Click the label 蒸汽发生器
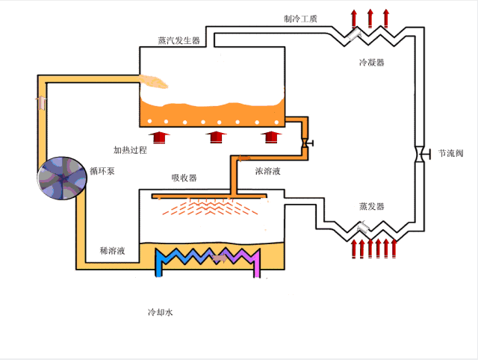coord(179,40)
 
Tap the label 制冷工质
coord(300,18)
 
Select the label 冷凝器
coord(370,63)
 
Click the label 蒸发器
coord(370,205)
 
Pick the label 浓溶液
coord(267,171)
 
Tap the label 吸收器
coord(184,178)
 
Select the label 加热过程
coord(130,150)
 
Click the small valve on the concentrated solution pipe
coord(306,142)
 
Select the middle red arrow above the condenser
coord(370,17)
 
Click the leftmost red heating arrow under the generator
coord(160,137)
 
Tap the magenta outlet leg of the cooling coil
coord(258,266)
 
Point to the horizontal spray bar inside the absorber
coord(209,198)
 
